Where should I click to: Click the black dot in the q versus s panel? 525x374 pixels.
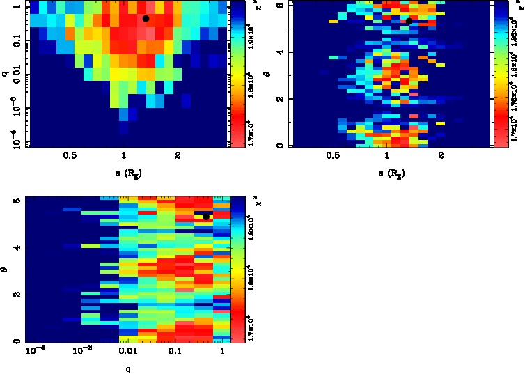click(146, 18)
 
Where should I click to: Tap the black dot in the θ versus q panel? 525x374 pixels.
click(206, 217)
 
